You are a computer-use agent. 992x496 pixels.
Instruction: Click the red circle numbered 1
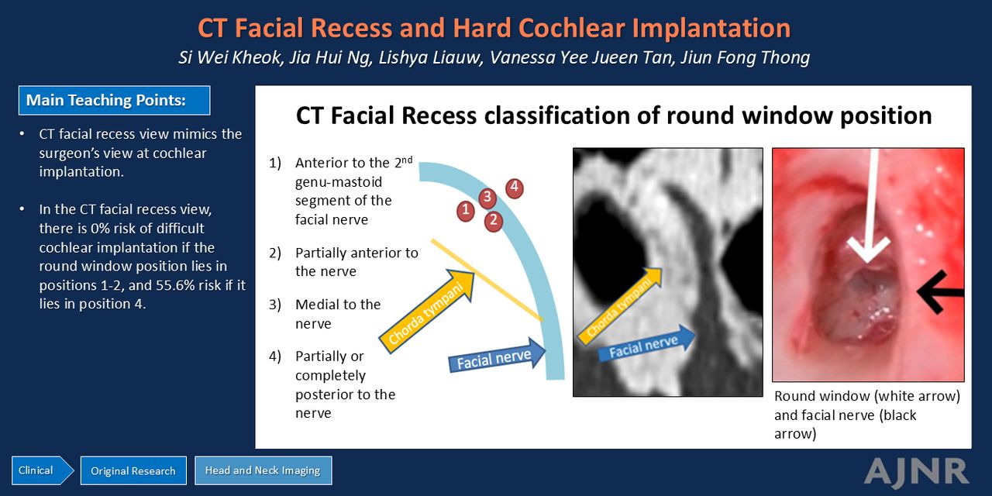[466, 210]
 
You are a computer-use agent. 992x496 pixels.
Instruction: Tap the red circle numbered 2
[494, 221]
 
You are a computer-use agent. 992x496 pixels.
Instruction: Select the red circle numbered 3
[487, 197]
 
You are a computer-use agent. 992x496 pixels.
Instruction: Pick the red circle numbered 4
[514, 188]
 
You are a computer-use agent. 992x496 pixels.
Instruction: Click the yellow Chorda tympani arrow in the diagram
[426, 312]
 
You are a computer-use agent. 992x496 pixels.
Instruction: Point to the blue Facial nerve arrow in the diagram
[497, 356]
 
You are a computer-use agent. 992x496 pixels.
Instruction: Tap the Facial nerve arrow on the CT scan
[646, 343]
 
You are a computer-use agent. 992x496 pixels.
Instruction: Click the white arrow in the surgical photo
[869, 205]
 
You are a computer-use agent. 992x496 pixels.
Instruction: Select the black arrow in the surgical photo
[940, 292]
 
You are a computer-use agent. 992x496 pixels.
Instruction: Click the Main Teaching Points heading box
[114, 101]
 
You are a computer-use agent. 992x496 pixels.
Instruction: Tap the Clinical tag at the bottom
[43, 470]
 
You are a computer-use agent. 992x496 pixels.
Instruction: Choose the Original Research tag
[133, 470]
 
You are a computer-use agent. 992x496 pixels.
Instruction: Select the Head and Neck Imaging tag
[263, 470]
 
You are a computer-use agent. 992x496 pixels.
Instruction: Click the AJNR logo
[916, 472]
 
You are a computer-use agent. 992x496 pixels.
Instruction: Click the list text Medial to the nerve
[338, 314]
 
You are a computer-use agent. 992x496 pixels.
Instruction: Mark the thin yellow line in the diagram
[487, 280]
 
